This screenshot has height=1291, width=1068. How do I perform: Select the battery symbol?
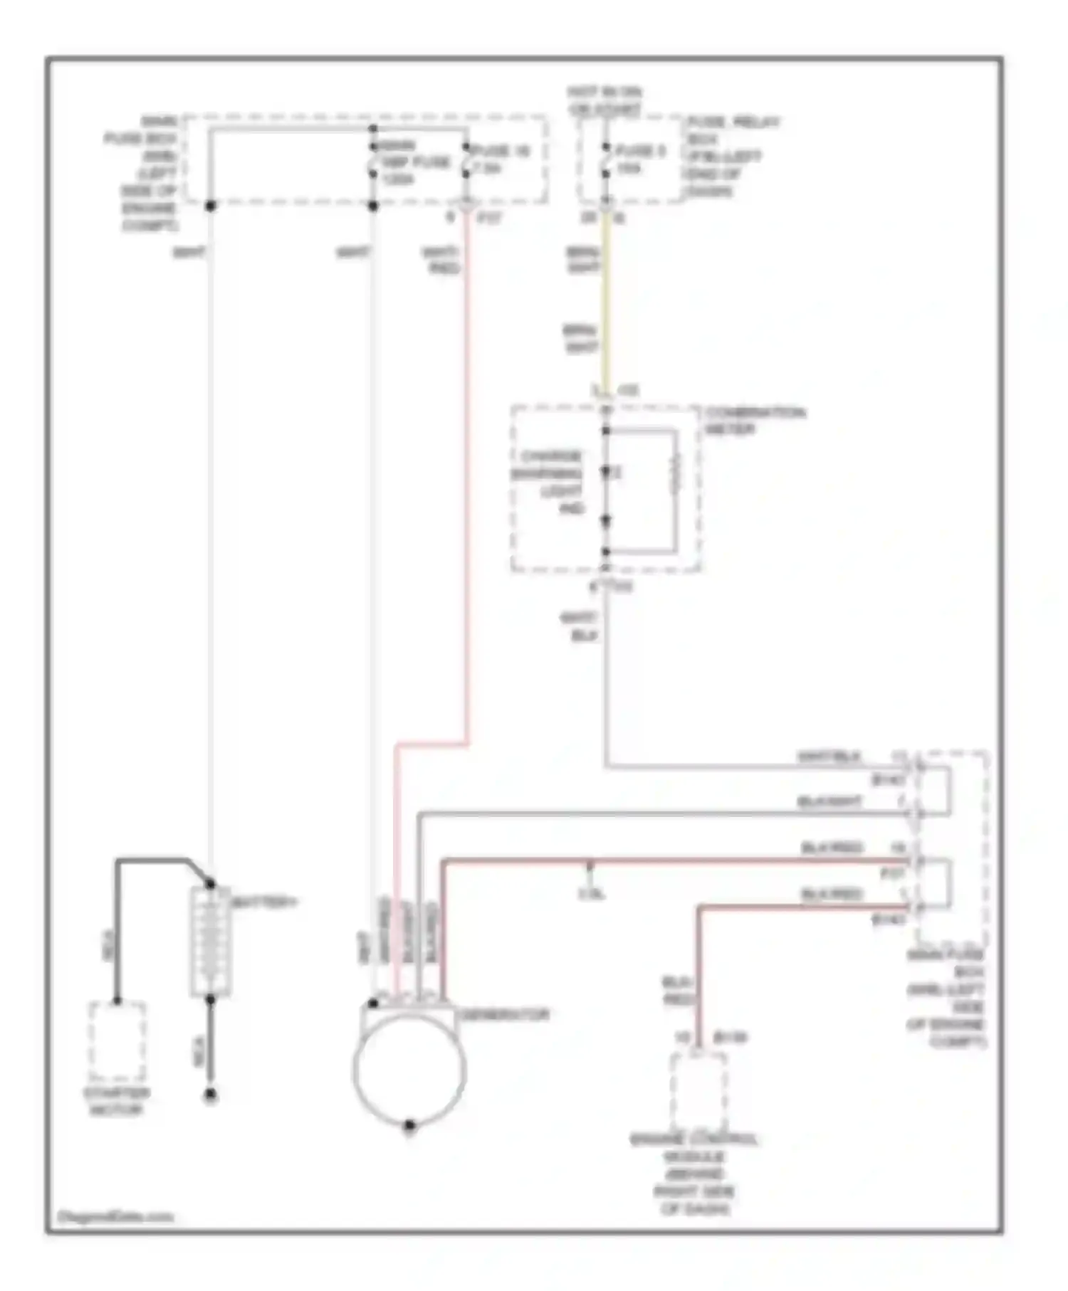coord(210,941)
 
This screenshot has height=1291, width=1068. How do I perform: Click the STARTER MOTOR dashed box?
coord(117,1043)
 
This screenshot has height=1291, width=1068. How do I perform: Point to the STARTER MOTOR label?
coord(117,1102)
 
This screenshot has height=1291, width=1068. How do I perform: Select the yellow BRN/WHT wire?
coord(606,299)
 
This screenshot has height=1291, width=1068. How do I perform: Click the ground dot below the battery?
coord(210,1096)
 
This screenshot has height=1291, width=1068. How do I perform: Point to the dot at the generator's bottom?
coord(409,1126)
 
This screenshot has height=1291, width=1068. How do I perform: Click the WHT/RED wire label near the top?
coord(441,260)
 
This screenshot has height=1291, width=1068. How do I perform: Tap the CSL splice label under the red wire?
coord(591,894)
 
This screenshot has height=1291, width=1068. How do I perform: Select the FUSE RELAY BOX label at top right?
coord(731,157)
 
